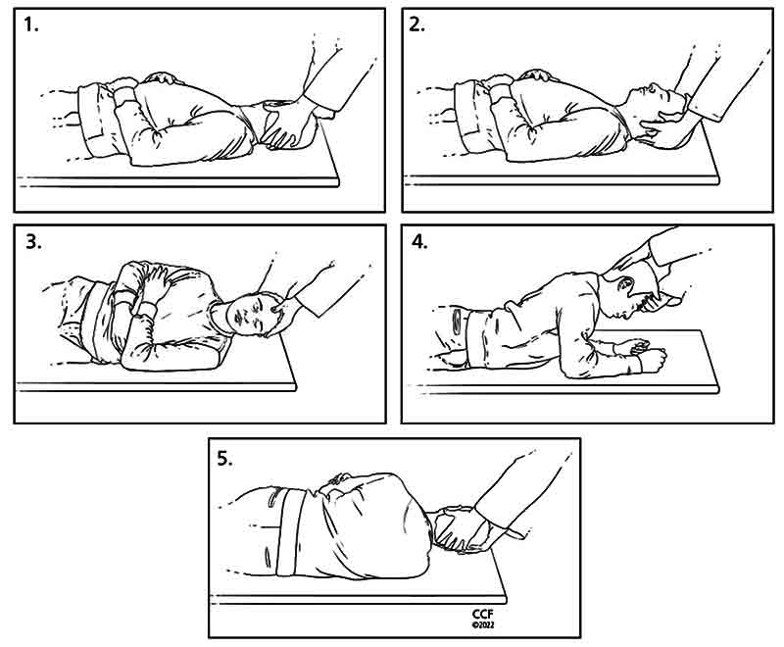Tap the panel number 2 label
pos(417,24)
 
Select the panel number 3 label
pos(33,241)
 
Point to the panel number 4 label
pos(419,241)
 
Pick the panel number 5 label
pos(224,458)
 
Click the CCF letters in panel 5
pos(482,614)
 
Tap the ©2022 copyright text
pos(482,624)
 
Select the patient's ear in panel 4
pos(625,285)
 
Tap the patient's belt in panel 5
pos(290,532)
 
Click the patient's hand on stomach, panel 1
pos(160,77)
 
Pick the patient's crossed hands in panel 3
pos(153,285)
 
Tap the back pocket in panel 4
pos(456,320)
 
